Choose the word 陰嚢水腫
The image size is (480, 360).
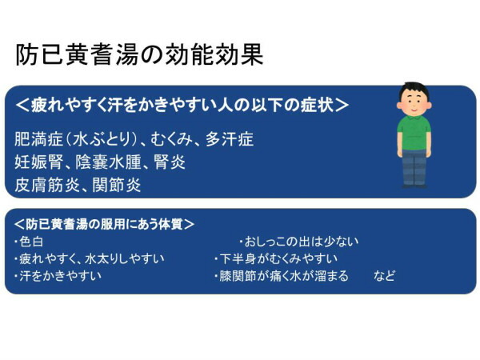109,162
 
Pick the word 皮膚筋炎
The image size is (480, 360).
49,186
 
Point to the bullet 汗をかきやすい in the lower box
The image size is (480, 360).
60,276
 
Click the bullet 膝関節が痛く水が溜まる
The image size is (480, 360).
283,276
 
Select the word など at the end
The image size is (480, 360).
384,276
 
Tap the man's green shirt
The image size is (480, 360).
414,133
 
